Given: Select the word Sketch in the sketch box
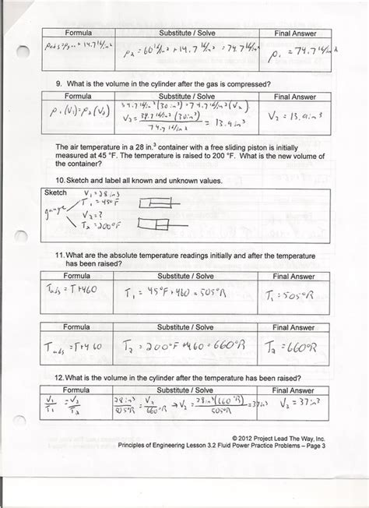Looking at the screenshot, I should tap(56, 192).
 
